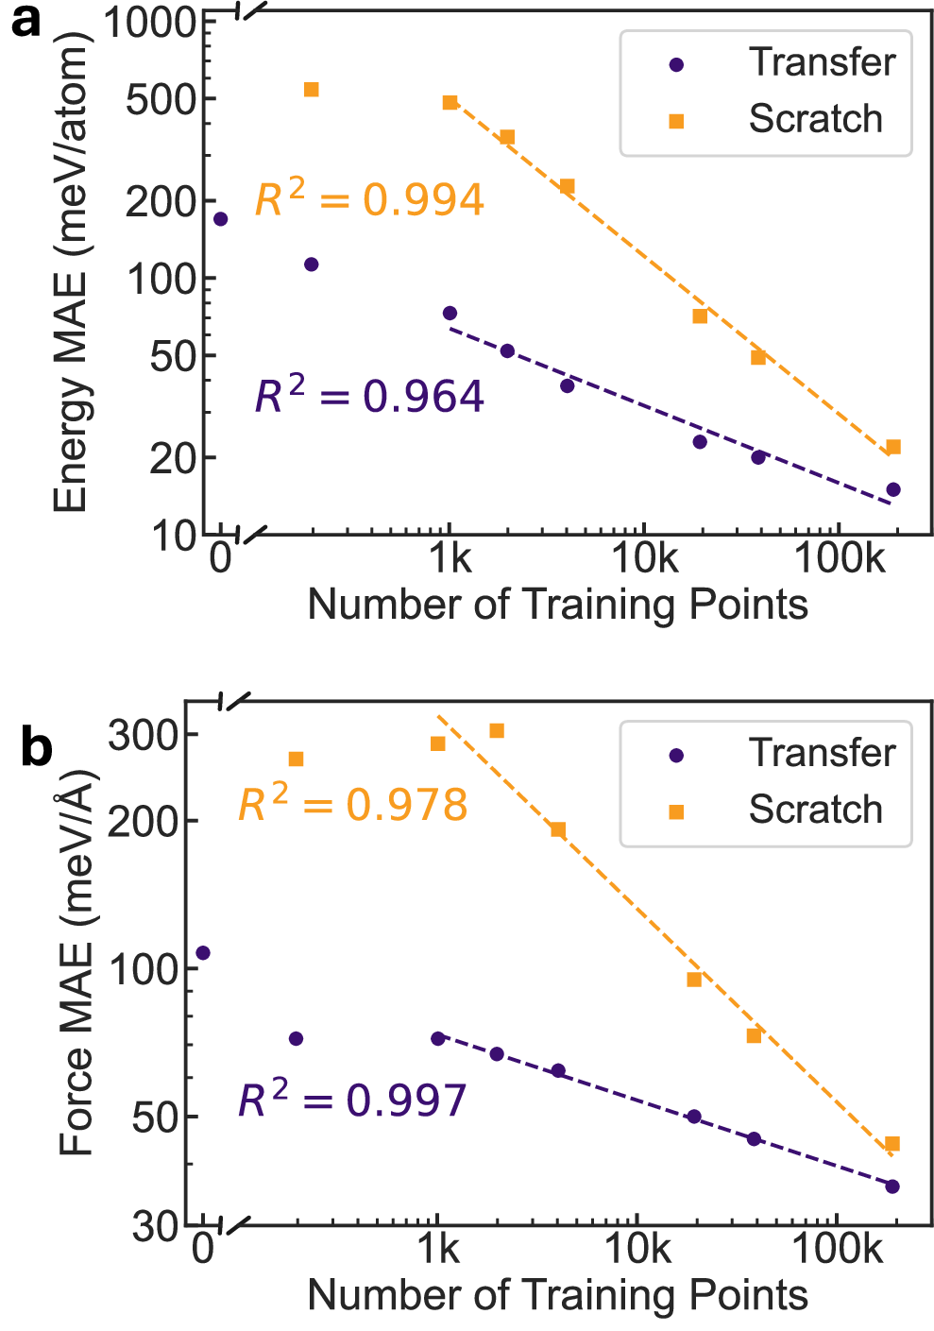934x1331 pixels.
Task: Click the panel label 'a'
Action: (25, 21)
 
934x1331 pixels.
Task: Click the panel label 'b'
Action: (36, 748)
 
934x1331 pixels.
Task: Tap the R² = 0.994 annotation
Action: (369, 199)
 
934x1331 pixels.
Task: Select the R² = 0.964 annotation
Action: (369, 395)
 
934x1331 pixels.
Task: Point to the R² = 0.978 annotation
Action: (352, 805)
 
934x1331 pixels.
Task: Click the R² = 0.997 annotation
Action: (352, 1100)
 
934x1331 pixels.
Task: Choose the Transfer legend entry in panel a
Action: (765, 63)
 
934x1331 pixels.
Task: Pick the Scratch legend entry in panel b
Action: (765, 811)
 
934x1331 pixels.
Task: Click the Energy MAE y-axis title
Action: (71, 272)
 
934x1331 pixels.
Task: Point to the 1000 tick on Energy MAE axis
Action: (149, 23)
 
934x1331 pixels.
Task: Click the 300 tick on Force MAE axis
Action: (143, 735)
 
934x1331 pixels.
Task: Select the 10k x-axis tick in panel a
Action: (644, 559)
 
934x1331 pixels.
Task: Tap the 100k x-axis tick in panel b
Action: (837, 1250)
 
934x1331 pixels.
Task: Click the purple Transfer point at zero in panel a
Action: (220, 219)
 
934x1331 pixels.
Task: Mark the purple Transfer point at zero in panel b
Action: (202, 953)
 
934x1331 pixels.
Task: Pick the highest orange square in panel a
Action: (311, 90)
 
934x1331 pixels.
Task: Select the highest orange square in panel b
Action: (497, 730)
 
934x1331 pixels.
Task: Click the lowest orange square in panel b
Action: (892, 1144)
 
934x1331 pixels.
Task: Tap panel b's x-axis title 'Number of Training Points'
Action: (557, 1295)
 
